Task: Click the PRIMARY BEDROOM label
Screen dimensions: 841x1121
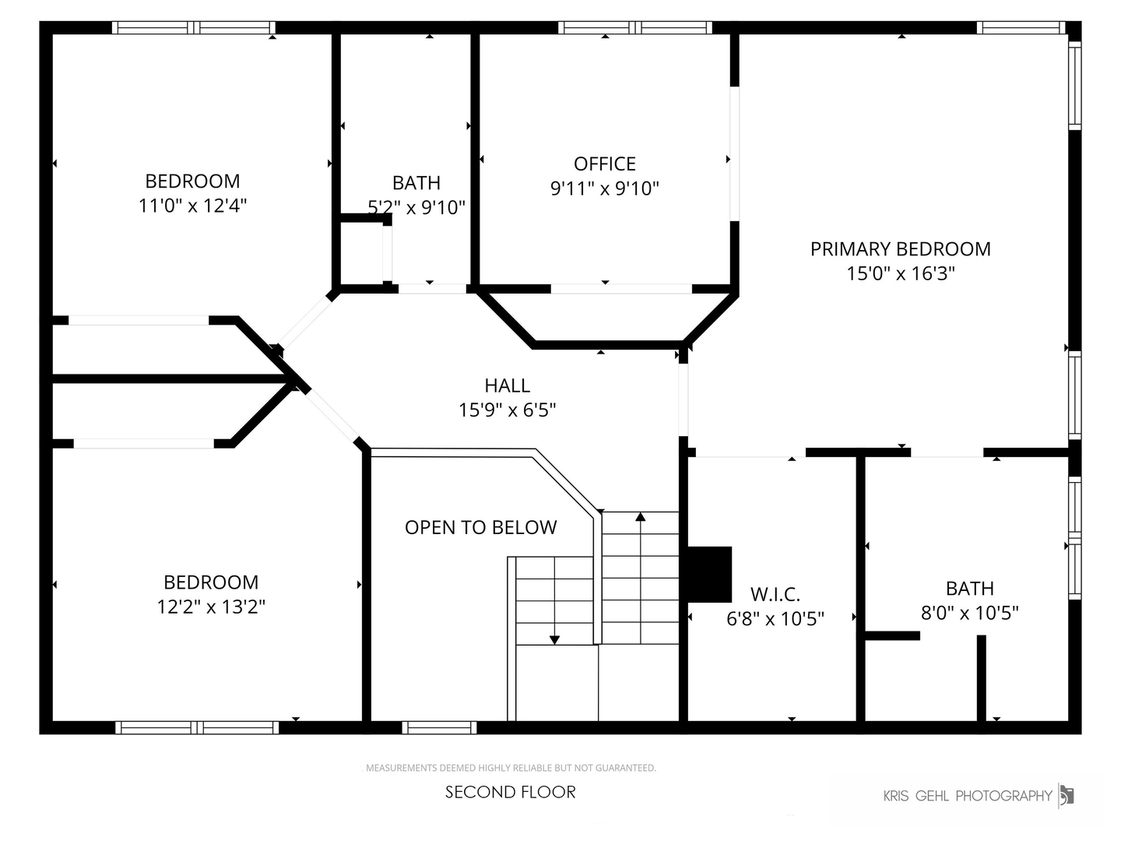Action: [900, 249]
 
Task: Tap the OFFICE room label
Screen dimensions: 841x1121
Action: [605, 164]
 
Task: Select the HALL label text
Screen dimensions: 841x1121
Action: [507, 385]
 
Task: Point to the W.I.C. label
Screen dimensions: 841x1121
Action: [775, 595]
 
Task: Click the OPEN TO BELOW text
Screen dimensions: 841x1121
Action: [480, 528]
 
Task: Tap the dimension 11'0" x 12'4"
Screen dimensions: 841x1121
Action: [192, 206]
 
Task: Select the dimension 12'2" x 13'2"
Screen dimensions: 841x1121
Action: [211, 607]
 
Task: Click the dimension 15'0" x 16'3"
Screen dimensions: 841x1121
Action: [901, 273]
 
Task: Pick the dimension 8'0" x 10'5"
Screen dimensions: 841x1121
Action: [969, 613]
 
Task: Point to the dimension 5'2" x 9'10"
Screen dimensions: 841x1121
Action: [416, 207]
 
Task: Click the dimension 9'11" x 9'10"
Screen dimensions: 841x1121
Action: [605, 188]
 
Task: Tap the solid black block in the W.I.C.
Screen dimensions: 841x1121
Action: [709, 574]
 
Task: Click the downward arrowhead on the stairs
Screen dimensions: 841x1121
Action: [554, 639]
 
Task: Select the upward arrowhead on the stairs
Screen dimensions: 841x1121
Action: [640, 516]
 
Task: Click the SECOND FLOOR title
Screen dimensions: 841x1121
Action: [511, 792]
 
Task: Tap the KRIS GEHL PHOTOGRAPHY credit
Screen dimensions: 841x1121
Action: [968, 796]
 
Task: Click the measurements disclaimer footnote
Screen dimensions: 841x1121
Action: [511, 768]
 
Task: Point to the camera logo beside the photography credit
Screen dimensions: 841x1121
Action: [1067, 795]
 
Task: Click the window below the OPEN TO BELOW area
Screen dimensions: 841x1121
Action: [439, 727]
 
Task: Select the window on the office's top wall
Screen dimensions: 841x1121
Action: [634, 28]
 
